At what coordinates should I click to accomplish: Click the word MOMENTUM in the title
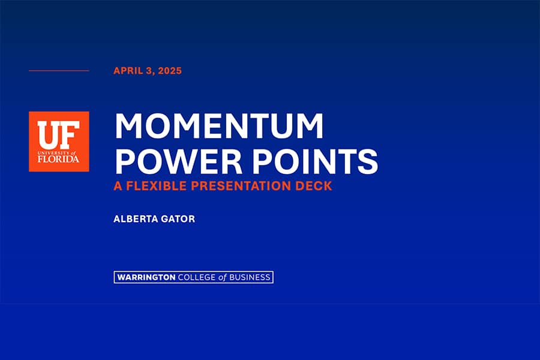[219, 126]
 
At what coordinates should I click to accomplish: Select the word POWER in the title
[178, 161]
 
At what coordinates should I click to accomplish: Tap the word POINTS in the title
[316, 161]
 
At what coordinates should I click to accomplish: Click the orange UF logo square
[59, 141]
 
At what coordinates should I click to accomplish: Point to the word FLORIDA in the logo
[58, 159]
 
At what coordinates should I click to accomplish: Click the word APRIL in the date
[128, 71]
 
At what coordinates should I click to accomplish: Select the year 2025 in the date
[170, 71]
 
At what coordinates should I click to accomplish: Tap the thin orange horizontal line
[59, 71]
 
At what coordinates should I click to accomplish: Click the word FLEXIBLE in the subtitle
[157, 185]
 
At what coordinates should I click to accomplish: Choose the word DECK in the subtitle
[314, 185]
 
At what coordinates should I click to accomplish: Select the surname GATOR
[178, 219]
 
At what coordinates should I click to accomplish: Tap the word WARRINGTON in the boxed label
[146, 277]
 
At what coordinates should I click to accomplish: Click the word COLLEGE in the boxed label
[197, 277]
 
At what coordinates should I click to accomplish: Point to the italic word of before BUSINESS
[223, 277]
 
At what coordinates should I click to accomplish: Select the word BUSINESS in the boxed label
[250, 277]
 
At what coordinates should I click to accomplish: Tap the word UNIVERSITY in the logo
[54, 152]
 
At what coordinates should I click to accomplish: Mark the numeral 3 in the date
[149, 71]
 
